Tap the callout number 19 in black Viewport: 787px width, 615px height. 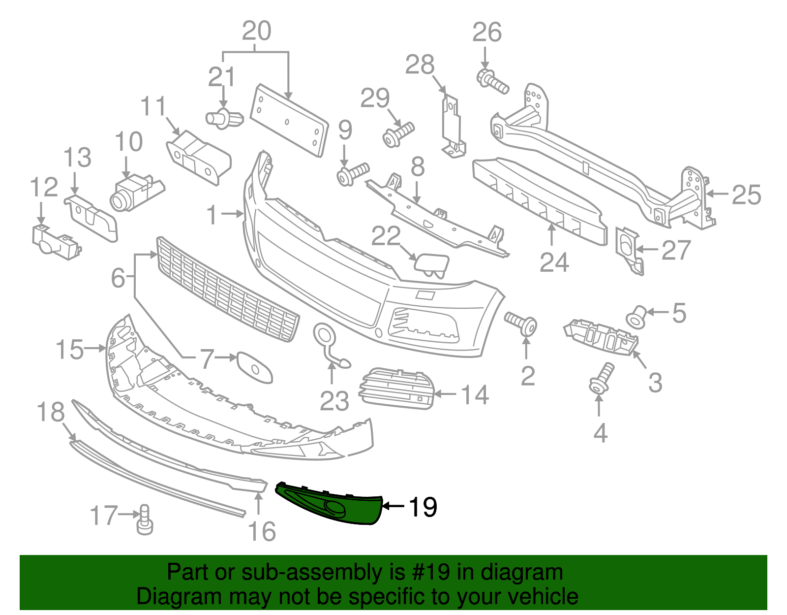(x=422, y=507)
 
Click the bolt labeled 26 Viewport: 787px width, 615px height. (x=492, y=82)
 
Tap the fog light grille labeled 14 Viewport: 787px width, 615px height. (x=397, y=388)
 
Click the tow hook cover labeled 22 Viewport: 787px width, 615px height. (x=432, y=263)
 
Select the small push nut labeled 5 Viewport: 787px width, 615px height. (x=636, y=317)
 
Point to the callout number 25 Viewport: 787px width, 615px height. (x=746, y=195)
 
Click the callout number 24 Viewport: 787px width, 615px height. (x=554, y=262)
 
